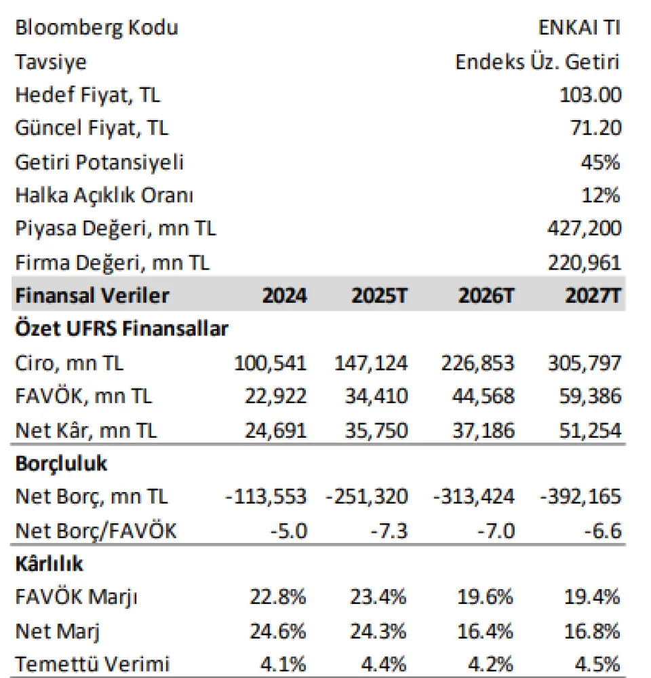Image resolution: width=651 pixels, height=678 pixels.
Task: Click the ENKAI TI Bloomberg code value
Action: (580, 28)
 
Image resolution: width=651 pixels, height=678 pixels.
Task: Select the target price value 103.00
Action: (590, 95)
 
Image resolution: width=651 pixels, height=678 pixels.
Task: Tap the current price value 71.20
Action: (595, 128)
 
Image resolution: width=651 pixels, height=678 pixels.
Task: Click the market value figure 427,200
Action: (584, 229)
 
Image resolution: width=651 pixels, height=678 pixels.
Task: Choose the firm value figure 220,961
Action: (584, 262)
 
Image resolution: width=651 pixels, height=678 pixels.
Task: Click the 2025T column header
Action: (380, 296)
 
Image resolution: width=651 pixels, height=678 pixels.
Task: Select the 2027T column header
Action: (592, 296)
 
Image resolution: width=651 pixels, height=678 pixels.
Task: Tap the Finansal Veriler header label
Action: (92, 296)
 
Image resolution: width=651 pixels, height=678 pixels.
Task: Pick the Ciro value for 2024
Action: (271, 362)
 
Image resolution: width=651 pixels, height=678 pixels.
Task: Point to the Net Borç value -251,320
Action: (367, 496)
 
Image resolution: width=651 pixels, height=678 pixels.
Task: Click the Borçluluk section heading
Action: (61, 464)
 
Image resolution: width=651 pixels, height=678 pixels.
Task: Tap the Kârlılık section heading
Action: (49, 564)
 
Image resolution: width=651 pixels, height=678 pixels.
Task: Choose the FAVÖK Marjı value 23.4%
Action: (379, 597)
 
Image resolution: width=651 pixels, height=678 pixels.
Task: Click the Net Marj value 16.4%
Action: (485, 631)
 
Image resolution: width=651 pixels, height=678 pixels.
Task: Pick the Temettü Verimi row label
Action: (92, 664)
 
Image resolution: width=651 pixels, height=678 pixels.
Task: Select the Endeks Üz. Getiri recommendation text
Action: (538, 62)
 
